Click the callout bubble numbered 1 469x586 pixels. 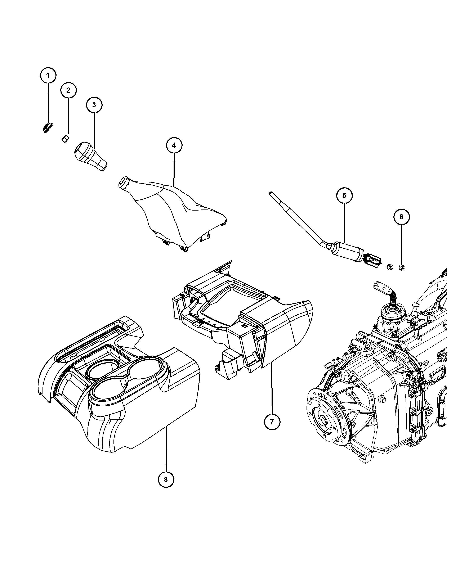coord(48,75)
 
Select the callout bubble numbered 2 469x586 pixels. coord(68,90)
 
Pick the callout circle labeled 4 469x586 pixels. coord(174,145)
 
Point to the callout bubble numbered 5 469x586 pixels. coord(344,195)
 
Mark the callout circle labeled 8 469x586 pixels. coord(166,479)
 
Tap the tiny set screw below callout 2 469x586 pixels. coord(64,139)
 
